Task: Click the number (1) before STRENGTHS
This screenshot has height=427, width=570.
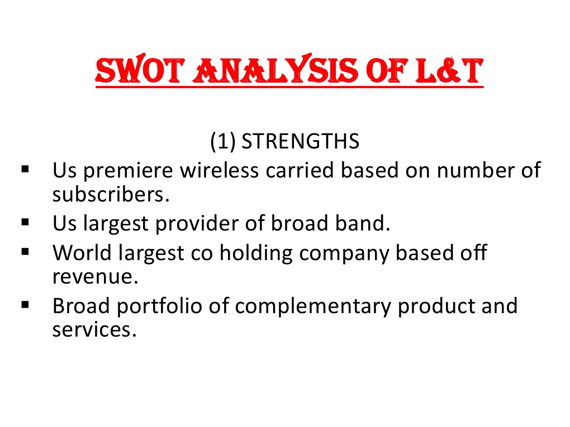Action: point(223,142)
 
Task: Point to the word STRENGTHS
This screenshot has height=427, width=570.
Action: point(301,142)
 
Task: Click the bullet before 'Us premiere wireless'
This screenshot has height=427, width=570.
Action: point(25,168)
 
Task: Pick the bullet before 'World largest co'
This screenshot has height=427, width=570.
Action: point(25,252)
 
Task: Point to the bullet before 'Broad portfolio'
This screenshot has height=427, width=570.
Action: point(25,305)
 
